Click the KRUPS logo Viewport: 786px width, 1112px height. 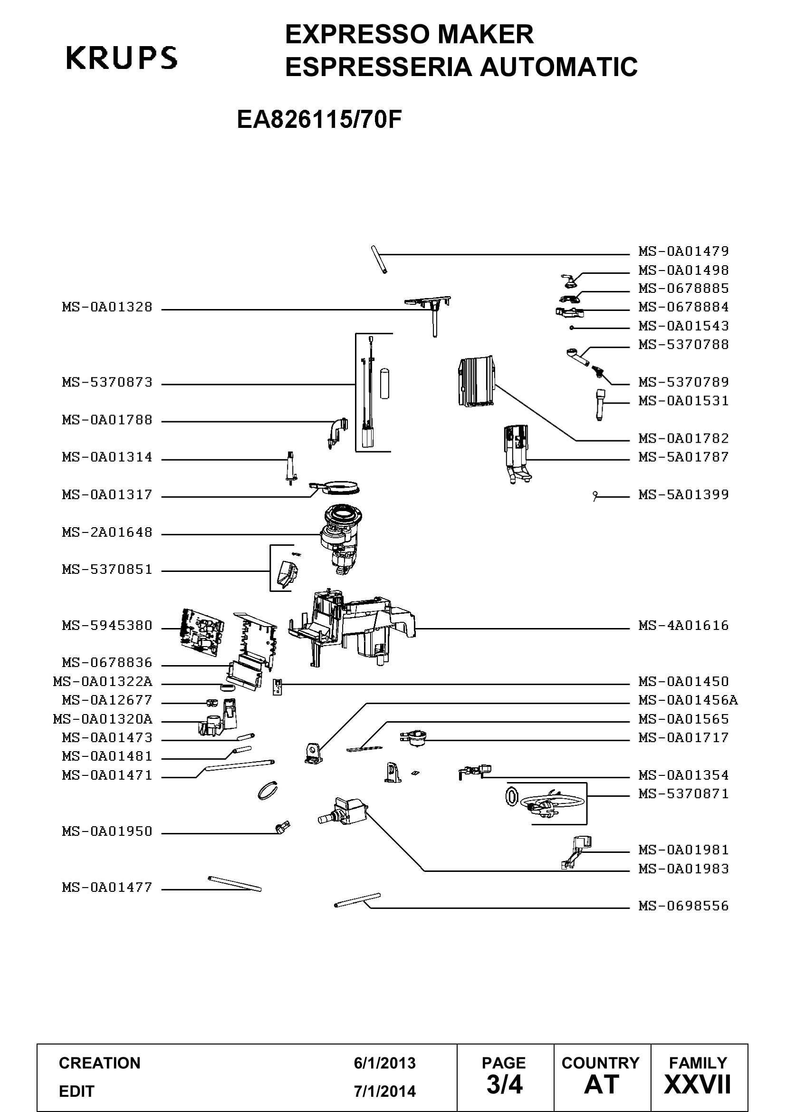tap(122, 58)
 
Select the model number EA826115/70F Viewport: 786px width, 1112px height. tap(319, 120)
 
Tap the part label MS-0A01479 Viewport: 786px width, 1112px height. tap(683, 251)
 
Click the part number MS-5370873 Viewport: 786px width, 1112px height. tap(107, 382)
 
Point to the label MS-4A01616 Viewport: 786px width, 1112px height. tap(683, 625)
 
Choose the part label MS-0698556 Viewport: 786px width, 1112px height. tap(683, 906)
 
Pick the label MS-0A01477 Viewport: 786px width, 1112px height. tap(107, 887)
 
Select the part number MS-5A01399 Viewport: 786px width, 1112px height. tap(683, 494)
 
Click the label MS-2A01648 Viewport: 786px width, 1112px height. tap(107, 532)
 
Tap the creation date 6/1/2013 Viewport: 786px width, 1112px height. tap(385, 1063)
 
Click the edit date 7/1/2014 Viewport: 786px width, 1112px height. tap(385, 1091)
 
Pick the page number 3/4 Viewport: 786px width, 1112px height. tap(504, 1084)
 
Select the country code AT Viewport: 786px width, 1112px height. tap(602, 1084)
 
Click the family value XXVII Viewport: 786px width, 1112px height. tap(698, 1084)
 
